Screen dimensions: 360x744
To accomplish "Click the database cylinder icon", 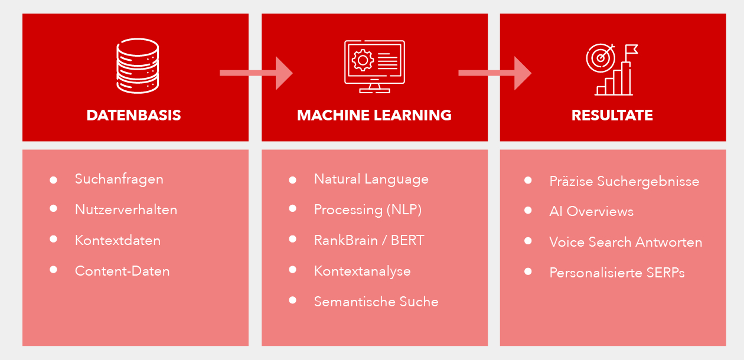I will click(x=137, y=66).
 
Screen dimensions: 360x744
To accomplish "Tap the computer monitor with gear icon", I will click(x=374, y=66).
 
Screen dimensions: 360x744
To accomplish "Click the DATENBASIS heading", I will click(x=133, y=115).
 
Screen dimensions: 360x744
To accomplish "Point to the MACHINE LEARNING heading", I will click(x=374, y=115).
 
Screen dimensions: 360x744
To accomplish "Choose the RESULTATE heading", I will click(x=612, y=115).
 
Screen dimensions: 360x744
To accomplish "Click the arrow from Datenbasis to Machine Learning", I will click(x=256, y=73).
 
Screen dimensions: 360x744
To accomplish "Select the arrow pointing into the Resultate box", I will click(x=495, y=73).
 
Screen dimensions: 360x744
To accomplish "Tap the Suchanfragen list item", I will click(x=119, y=179).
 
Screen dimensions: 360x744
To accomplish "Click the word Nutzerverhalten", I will click(x=126, y=210).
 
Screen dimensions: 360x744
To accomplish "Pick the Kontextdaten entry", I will click(x=118, y=240).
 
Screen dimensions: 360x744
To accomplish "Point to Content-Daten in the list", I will click(x=122, y=271).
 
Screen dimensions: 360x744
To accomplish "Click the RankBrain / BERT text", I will click(x=369, y=240).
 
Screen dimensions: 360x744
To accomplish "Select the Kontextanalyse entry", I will click(x=362, y=271).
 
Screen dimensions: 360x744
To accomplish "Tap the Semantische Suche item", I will click(x=376, y=302).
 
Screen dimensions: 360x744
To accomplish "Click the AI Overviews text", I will click(x=591, y=211).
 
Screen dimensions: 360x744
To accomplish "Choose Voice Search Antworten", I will click(x=625, y=242).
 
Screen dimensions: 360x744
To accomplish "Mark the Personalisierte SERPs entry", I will click(x=616, y=273).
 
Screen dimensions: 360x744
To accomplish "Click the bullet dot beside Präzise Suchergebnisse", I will click(x=528, y=180).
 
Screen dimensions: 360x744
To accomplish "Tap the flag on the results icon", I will click(x=631, y=48).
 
